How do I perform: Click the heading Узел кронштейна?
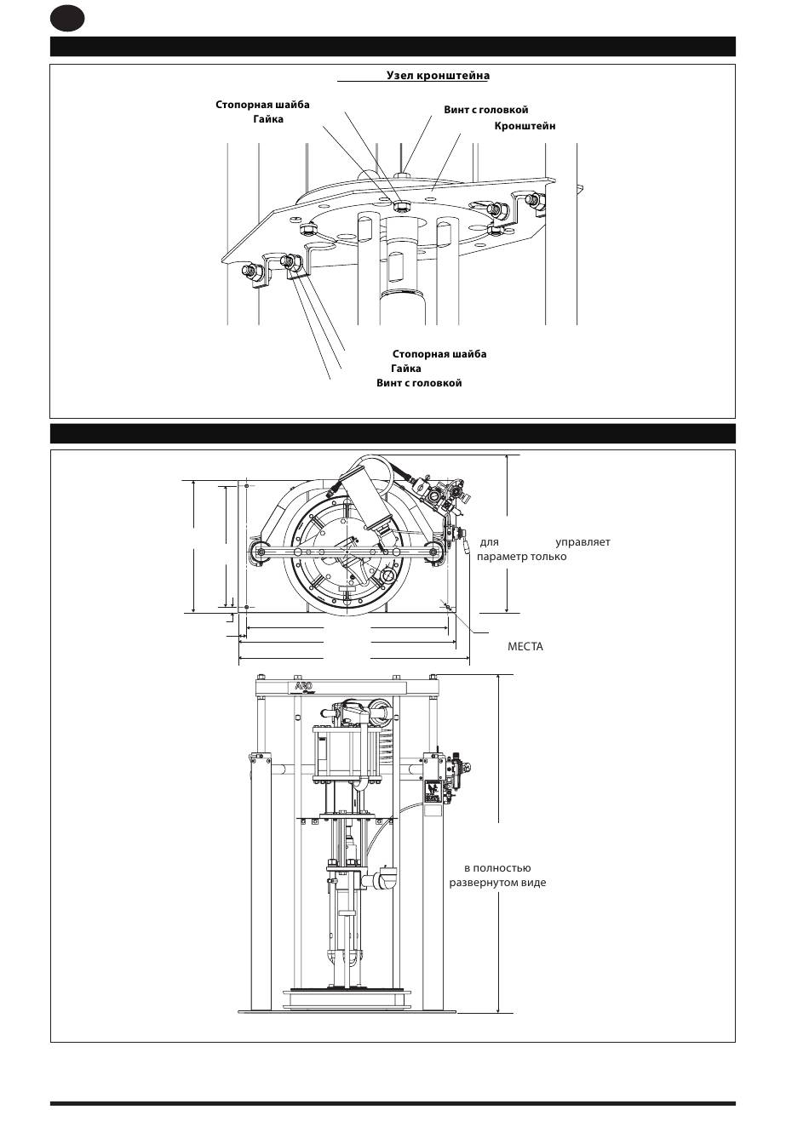click(x=438, y=76)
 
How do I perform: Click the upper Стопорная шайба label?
click(x=262, y=105)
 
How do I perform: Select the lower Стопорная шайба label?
click(x=439, y=354)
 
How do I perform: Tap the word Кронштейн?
click(x=525, y=126)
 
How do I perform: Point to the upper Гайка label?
click(x=267, y=119)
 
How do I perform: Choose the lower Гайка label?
click(x=406, y=369)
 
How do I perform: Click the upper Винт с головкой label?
click(x=485, y=110)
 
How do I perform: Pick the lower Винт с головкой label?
click(x=419, y=383)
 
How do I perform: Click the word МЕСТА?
click(x=525, y=647)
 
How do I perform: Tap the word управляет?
click(x=582, y=542)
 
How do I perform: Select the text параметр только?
click(x=521, y=557)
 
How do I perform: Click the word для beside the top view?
click(x=489, y=542)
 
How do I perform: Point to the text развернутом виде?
click(x=497, y=883)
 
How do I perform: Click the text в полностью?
click(x=497, y=868)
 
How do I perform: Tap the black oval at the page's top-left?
click(x=67, y=18)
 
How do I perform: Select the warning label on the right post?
click(x=433, y=792)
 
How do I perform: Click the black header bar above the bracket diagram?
click(x=393, y=47)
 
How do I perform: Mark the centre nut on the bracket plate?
click(x=401, y=205)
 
